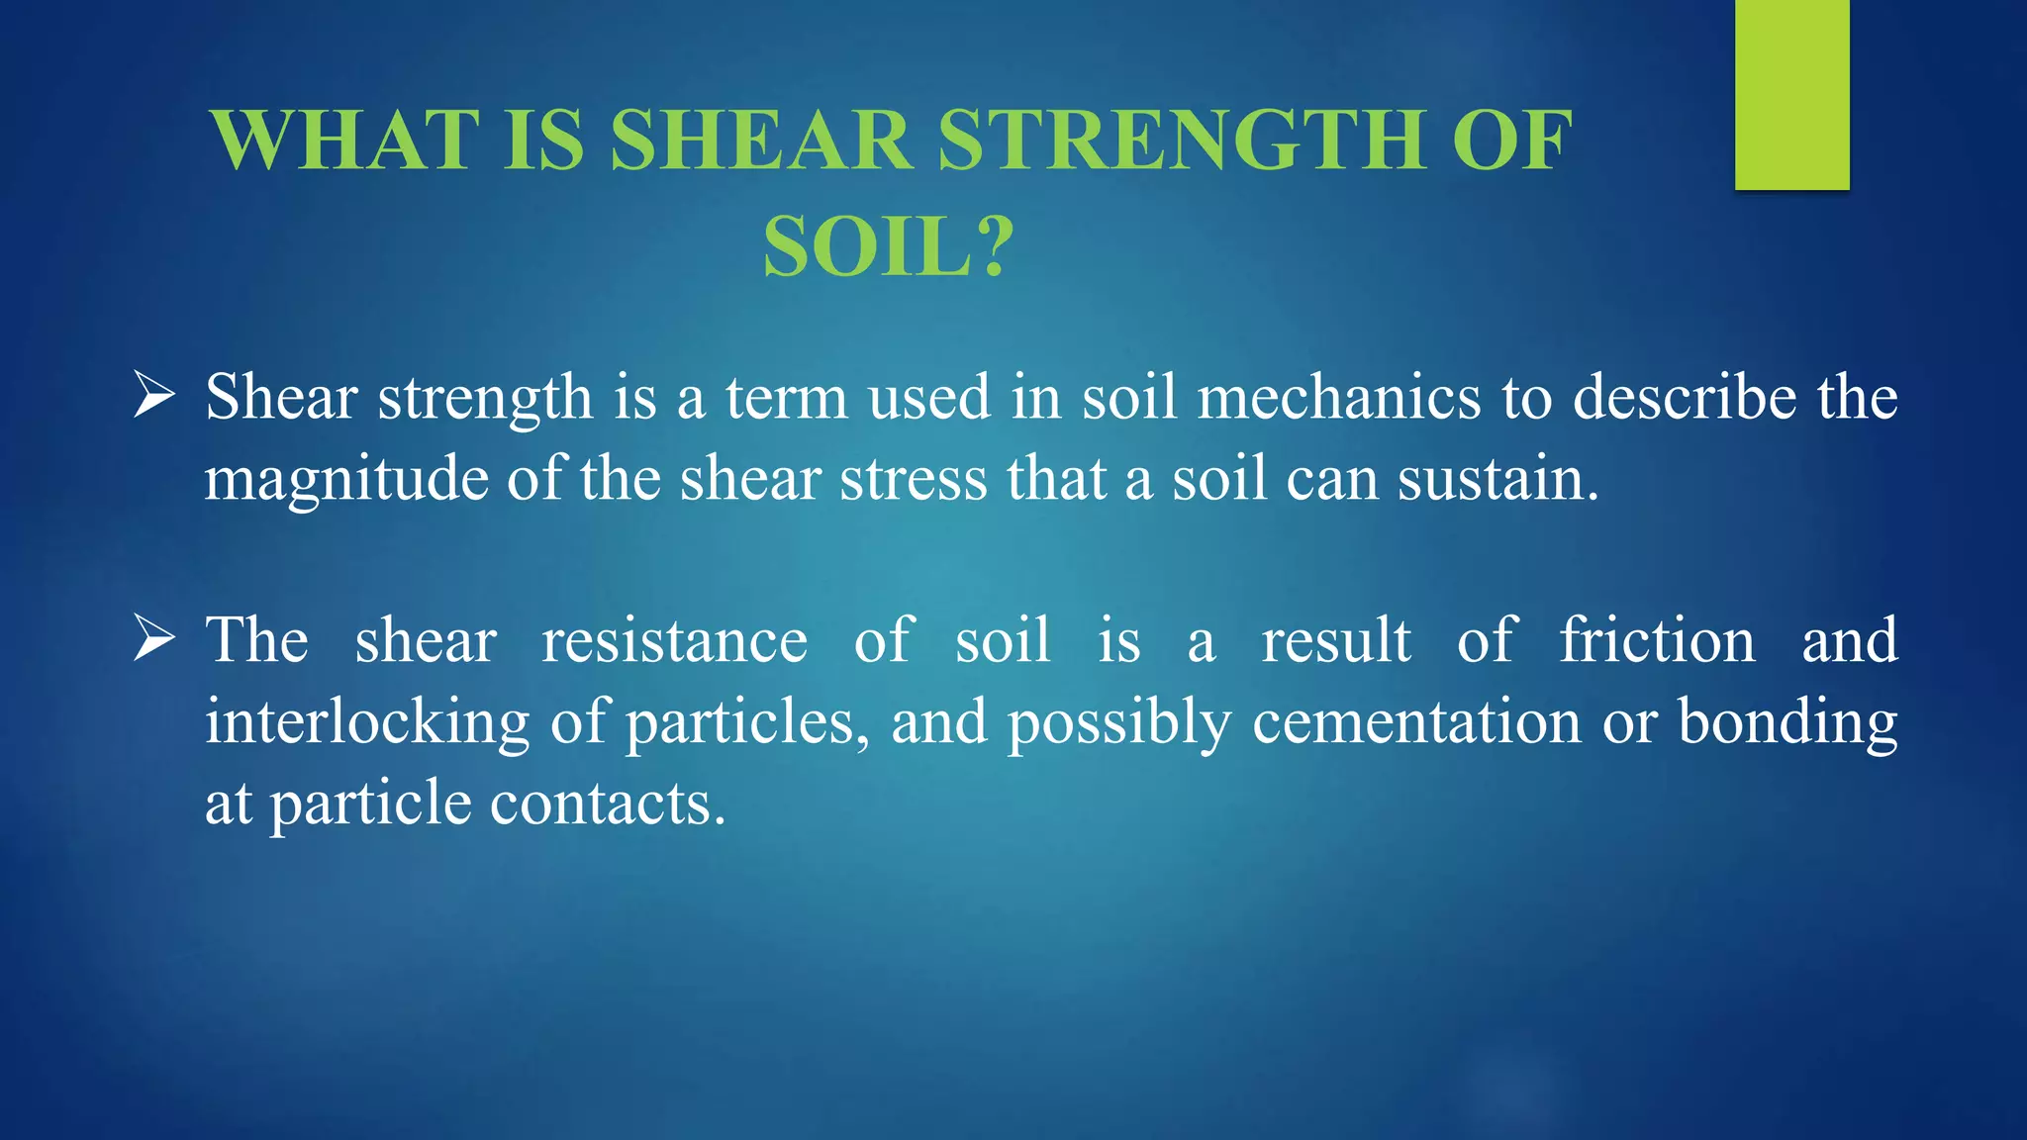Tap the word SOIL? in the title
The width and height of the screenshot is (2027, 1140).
(888, 247)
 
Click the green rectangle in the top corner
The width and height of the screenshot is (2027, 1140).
(1791, 95)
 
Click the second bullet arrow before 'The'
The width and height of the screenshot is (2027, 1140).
(154, 639)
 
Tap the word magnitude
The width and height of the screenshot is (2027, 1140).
(346, 481)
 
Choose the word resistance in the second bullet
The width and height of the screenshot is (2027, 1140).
(674, 640)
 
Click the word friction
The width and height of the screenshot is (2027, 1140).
(1658, 640)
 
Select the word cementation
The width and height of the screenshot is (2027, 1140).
(1416, 722)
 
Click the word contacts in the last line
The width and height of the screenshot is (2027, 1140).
(607, 803)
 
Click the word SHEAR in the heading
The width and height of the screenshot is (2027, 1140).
(760, 141)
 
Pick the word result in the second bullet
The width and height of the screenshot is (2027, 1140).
(1336, 640)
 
